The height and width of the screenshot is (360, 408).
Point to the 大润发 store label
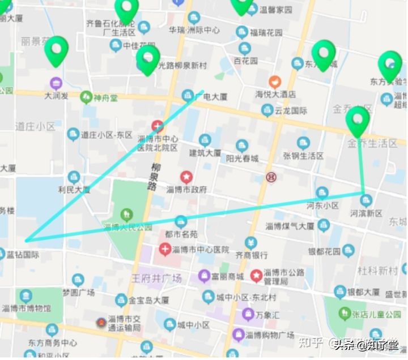[x=57, y=96]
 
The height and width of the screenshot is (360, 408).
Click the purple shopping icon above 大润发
[x=56, y=83]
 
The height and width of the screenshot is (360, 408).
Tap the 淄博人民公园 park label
[x=127, y=227]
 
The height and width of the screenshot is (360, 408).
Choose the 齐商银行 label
[x=252, y=255]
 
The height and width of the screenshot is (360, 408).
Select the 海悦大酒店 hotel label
[x=275, y=94]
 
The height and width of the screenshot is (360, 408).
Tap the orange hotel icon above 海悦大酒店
[x=275, y=82]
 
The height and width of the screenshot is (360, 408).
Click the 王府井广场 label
[x=156, y=278]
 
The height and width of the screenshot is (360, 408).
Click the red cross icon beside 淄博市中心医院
[x=164, y=248]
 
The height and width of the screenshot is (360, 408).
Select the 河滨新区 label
[x=366, y=213]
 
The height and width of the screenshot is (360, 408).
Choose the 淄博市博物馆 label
[x=26, y=308]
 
